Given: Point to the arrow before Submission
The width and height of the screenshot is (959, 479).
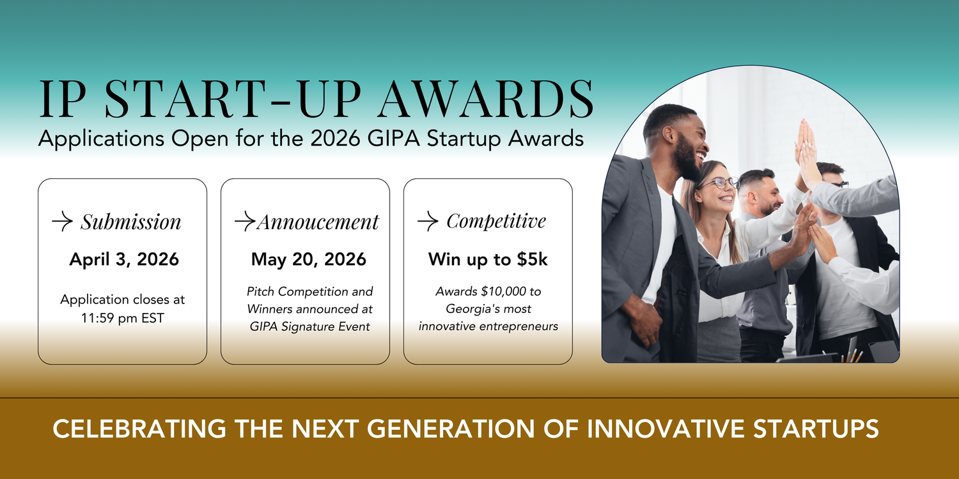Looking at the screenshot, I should click(x=62, y=222).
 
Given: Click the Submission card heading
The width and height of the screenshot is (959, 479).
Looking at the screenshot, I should click(x=130, y=222).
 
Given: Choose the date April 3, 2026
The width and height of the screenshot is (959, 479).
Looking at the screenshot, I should click(x=124, y=259).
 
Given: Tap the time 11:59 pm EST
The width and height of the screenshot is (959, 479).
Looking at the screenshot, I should click(x=122, y=317).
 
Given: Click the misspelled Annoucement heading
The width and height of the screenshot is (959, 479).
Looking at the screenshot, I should click(x=318, y=222).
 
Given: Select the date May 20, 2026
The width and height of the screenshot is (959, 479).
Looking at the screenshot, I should click(x=309, y=259).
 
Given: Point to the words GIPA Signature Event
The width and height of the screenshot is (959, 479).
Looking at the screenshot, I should click(x=310, y=326).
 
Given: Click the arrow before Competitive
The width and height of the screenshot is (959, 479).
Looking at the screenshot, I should click(x=428, y=222).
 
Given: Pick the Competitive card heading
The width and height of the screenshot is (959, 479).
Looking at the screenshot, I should click(x=496, y=222).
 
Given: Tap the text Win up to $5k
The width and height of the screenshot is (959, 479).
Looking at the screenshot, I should click(x=488, y=259).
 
